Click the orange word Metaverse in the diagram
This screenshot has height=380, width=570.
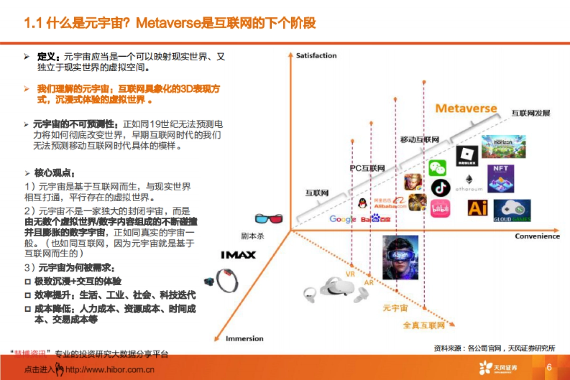(x=466, y=108)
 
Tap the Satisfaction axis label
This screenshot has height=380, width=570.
(x=316, y=56)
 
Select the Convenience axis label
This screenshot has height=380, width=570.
(x=537, y=236)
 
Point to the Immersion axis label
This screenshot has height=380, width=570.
(x=244, y=338)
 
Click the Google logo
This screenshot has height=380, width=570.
(x=342, y=219)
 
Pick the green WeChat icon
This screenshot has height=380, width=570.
(x=437, y=168)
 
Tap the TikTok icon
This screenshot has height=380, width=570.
(x=440, y=188)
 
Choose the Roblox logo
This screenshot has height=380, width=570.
(x=466, y=156)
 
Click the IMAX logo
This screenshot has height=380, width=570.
(x=238, y=255)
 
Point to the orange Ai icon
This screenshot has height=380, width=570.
(x=477, y=208)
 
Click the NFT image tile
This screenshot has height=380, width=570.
(x=501, y=178)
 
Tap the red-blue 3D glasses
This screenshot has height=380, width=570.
(x=269, y=219)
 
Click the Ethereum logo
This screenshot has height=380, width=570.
(x=469, y=183)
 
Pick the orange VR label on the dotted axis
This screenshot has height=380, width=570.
(x=351, y=274)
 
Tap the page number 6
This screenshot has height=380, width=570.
(x=549, y=368)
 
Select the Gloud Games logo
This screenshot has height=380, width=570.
(x=512, y=211)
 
